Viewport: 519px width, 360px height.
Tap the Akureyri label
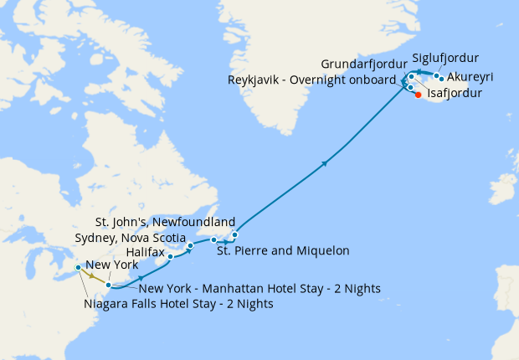pos(470,77)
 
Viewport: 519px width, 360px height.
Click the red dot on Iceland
pos(419,95)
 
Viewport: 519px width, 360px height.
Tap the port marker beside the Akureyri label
pos(441,79)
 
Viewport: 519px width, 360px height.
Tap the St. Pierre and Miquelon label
pos(283,249)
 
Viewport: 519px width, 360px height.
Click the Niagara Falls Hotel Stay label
pos(179,304)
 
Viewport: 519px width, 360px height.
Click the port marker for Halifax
pos(171,256)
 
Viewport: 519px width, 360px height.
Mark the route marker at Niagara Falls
pos(79,268)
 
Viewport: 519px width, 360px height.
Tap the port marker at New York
pos(109,285)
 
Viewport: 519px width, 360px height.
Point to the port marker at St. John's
pos(235,234)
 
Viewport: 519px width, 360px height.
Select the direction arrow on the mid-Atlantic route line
pos(324,164)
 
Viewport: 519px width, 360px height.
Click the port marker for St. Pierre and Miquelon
pos(214,240)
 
